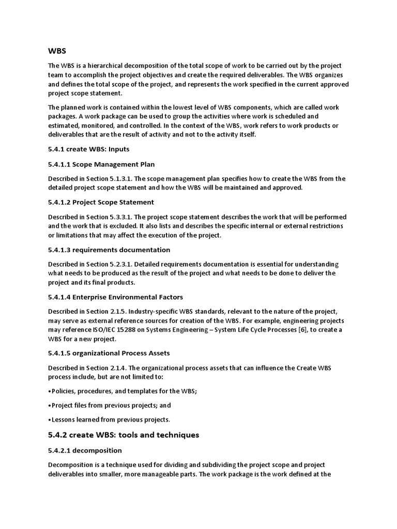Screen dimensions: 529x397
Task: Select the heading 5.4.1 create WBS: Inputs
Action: [x=88, y=148]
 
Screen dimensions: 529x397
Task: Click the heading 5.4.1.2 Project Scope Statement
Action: [x=101, y=202]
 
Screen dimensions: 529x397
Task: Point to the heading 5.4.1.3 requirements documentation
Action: [x=109, y=250]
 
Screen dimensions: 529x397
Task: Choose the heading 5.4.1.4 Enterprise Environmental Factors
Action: [x=115, y=297]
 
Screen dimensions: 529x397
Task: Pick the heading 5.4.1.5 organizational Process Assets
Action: [x=109, y=353]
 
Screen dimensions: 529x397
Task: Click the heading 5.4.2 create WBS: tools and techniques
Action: [x=124, y=435]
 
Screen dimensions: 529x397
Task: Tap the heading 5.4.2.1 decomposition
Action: [x=85, y=450]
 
